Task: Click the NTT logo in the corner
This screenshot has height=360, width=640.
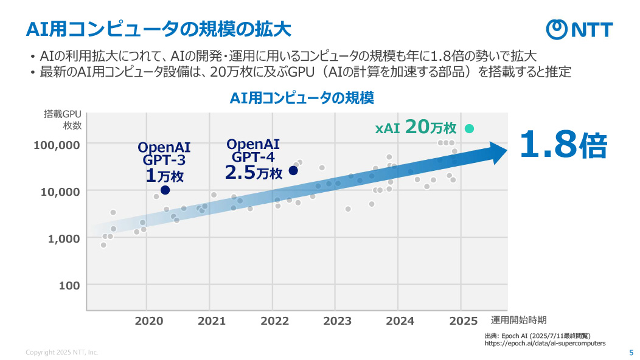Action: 579,29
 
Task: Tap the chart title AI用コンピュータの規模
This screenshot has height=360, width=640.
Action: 301,97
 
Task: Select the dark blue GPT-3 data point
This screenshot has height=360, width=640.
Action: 165,190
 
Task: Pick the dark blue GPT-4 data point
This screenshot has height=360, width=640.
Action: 293,170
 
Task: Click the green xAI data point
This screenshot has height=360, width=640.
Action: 469,128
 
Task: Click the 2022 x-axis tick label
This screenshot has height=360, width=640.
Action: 274,320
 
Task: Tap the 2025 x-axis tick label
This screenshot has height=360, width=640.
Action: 463,320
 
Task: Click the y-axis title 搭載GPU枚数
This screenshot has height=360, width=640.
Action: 63,120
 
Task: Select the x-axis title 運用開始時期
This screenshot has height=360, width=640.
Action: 518,320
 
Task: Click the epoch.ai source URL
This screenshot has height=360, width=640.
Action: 544,344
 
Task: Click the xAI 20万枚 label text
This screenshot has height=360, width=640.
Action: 416,128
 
